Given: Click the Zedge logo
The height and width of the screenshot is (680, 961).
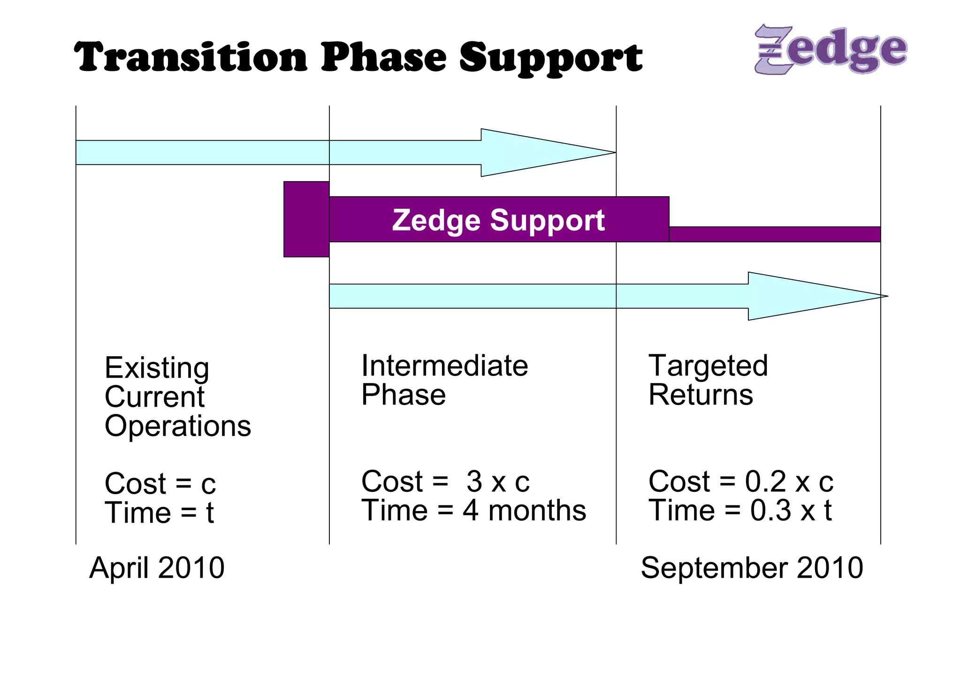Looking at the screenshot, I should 831,49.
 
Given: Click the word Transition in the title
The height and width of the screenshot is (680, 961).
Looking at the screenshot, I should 191,57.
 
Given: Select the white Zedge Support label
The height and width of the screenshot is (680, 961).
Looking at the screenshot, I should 498,220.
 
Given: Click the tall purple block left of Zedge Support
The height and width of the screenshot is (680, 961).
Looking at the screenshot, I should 306,219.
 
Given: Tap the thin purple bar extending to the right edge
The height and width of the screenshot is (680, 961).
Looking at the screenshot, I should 774,234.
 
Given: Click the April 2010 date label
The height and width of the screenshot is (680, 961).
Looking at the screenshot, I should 157,568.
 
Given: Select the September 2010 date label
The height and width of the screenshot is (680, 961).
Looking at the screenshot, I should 752,568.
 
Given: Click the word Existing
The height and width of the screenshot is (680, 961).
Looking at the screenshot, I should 157,368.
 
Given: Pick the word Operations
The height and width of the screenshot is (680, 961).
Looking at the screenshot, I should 178,426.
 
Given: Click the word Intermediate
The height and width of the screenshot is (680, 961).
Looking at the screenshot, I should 444,366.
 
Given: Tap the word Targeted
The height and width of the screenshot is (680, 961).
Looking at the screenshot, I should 708,366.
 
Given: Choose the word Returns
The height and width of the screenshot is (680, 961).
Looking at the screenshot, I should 701,395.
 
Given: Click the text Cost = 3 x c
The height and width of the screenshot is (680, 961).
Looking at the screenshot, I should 445,481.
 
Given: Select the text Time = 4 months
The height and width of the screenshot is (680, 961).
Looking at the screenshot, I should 473,511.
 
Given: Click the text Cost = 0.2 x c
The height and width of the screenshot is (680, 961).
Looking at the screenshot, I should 740,481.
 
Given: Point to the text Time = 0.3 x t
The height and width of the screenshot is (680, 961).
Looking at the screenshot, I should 740,511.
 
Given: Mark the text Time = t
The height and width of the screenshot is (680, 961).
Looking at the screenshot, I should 159,512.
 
